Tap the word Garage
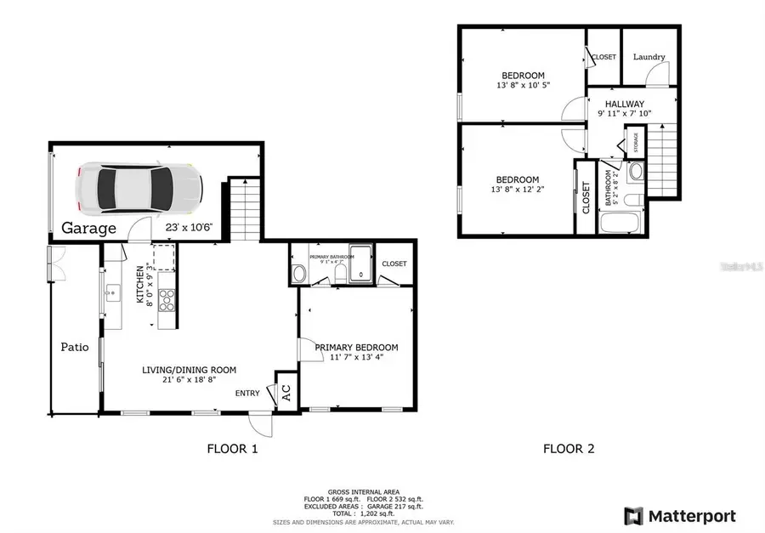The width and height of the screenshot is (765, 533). [88, 229]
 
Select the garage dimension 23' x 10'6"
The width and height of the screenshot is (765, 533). [188, 228]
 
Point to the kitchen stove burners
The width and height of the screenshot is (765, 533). [167, 298]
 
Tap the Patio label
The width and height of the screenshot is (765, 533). [74, 347]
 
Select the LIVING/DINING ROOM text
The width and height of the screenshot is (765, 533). [189, 370]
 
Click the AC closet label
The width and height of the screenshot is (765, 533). [286, 394]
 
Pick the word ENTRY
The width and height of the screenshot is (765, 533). [247, 393]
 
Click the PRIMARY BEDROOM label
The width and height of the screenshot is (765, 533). [356, 347]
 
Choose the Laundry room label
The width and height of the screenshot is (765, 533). [649, 57]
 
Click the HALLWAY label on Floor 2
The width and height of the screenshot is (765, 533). [625, 104]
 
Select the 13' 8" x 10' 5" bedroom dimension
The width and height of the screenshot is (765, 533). [522, 85]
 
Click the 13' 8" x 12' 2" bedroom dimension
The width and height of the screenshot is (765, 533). [518, 190]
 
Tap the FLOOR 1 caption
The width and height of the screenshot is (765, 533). [232, 448]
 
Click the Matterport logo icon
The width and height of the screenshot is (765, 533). [633, 515]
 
